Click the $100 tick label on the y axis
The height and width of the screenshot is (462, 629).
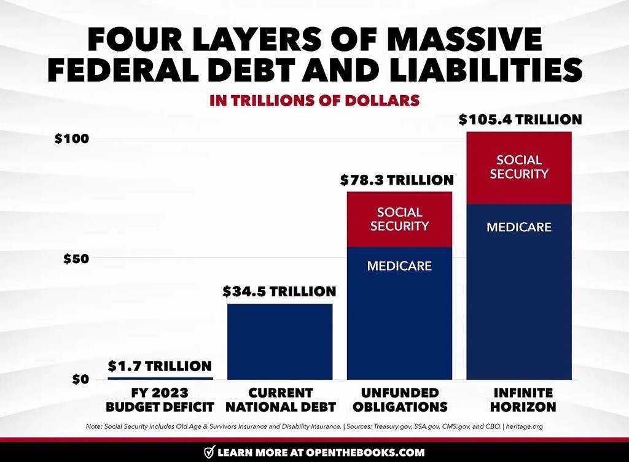71,139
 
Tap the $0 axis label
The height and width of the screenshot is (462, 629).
80,379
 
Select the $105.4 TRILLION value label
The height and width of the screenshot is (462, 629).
520,119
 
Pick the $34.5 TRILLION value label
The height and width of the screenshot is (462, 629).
279,291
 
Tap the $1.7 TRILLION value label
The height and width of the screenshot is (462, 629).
160,366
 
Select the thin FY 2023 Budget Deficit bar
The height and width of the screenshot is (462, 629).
160,378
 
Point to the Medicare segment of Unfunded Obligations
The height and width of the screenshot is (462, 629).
399,313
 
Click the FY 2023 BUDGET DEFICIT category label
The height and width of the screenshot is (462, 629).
160,399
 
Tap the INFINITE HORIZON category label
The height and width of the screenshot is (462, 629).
519,399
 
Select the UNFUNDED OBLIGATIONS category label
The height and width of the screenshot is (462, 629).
399,399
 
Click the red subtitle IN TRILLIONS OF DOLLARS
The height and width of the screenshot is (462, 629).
314,101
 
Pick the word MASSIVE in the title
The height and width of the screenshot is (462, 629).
469,40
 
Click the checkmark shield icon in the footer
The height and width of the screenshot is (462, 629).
209,453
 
